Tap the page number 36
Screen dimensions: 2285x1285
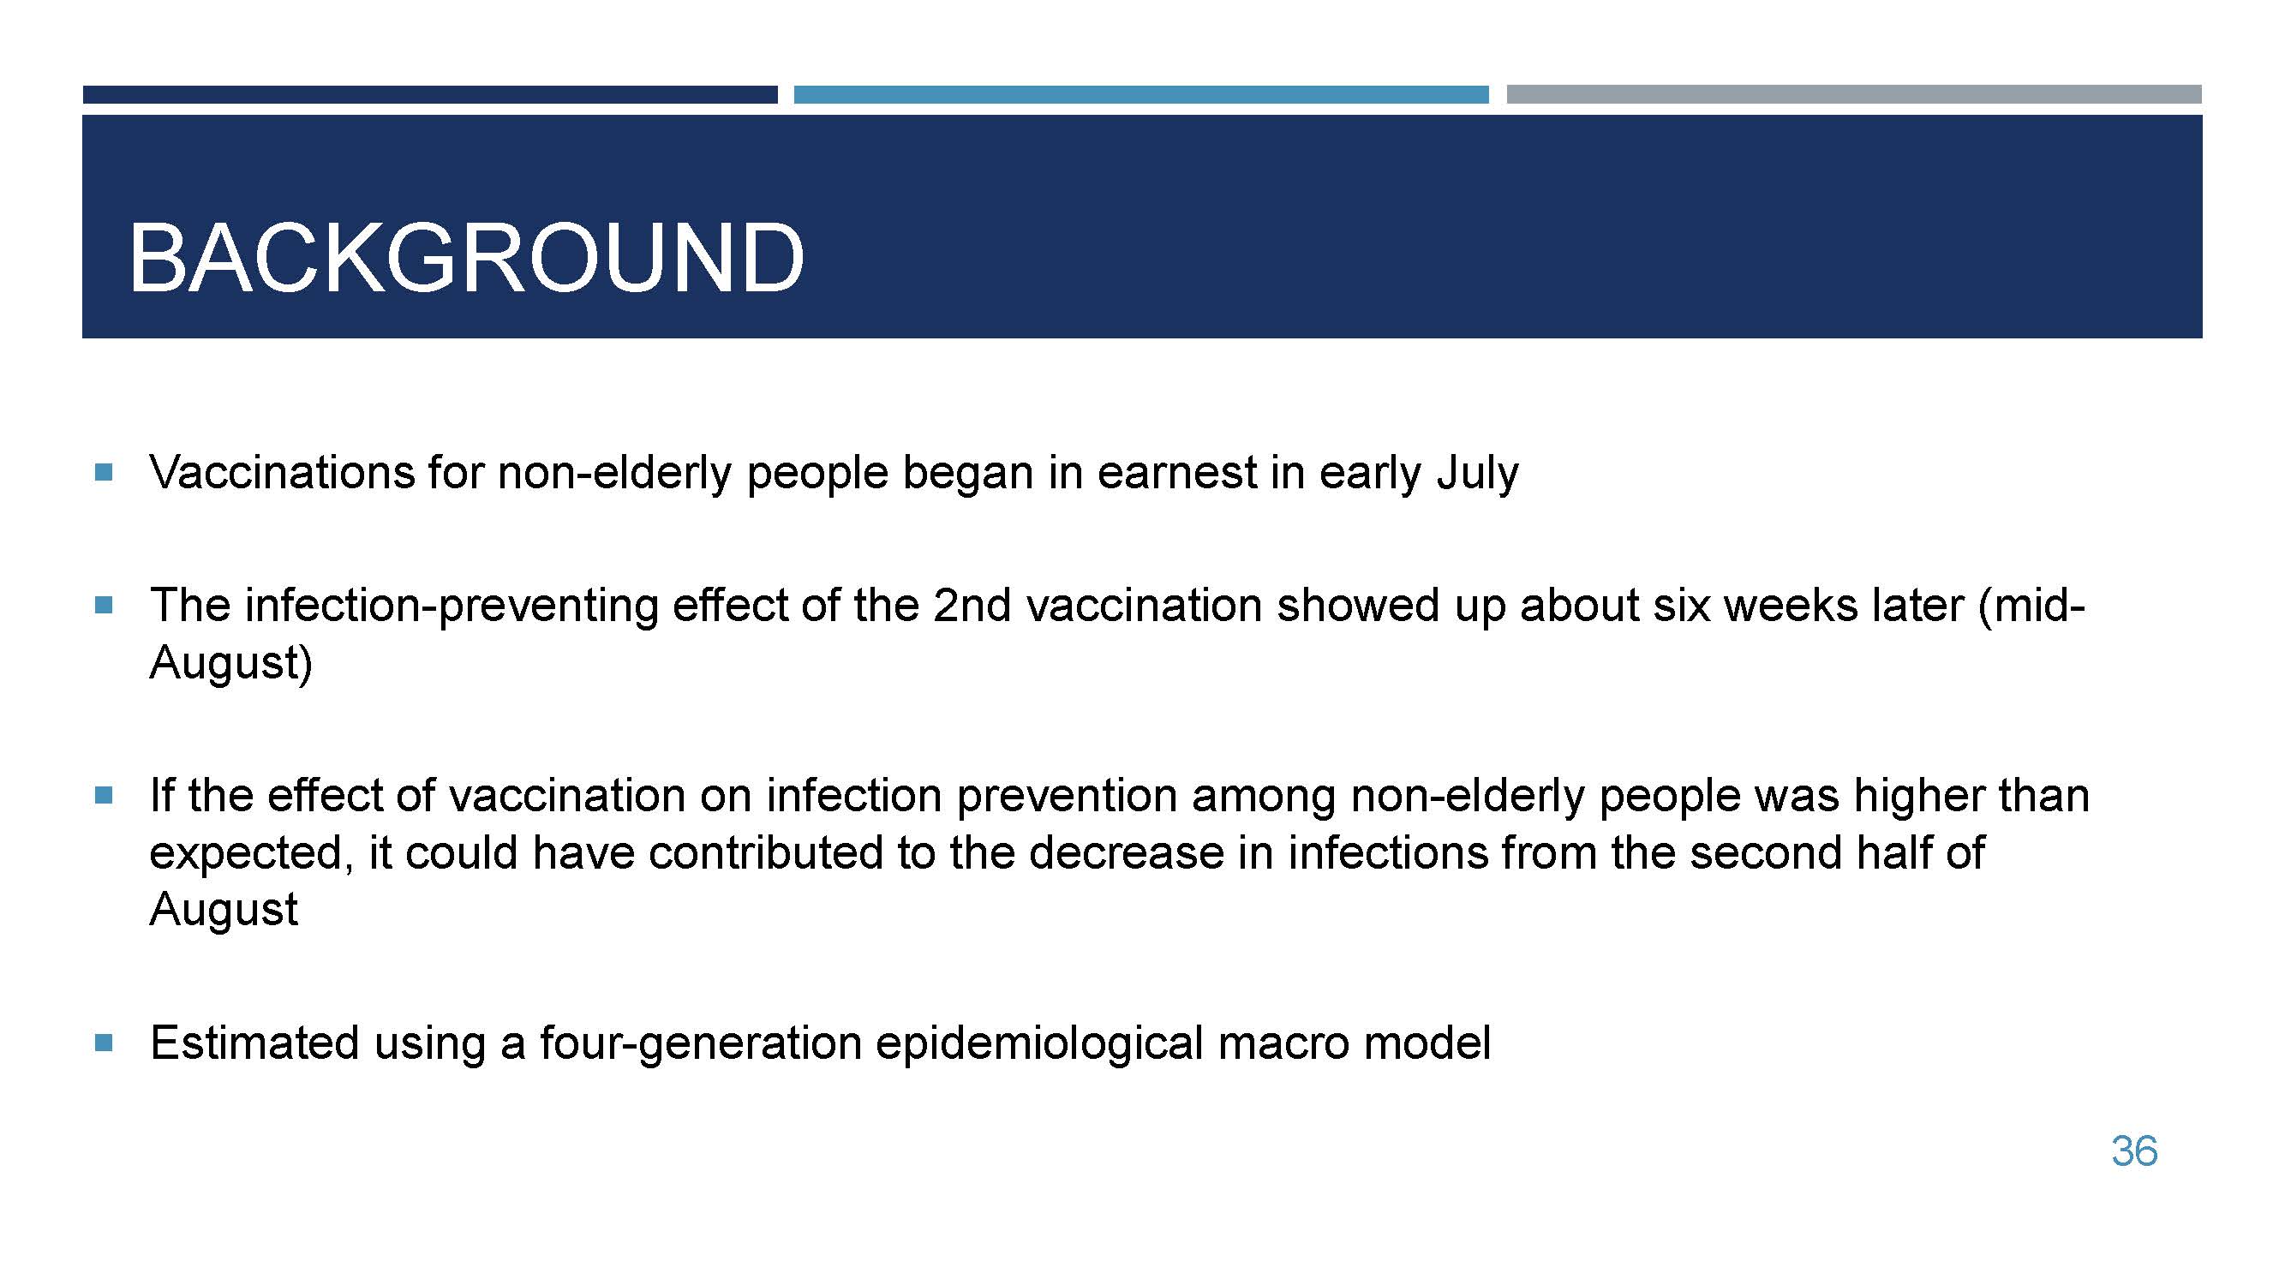click(x=2134, y=1151)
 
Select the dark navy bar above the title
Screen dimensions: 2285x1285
click(x=430, y=94)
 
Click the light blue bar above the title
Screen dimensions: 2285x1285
click(x=1140, y=94)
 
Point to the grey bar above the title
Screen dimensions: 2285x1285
click(x=1854, y=94)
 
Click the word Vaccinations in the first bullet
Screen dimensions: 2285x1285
click(x=282, y=472)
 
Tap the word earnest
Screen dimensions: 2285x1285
click(x=1177, y=473)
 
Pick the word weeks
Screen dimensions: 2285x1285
click(x=1791, y=606)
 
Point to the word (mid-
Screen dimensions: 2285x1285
click(x=2031, y=607)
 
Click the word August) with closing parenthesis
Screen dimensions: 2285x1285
click(x=230, y=663)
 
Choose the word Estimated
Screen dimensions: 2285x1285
click(x=254, y=1042)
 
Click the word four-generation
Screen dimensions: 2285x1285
click(x=701, y=1043)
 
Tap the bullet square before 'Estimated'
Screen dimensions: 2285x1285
click(x=104, y=1043)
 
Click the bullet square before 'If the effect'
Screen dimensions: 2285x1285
click(x=104, y=796)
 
